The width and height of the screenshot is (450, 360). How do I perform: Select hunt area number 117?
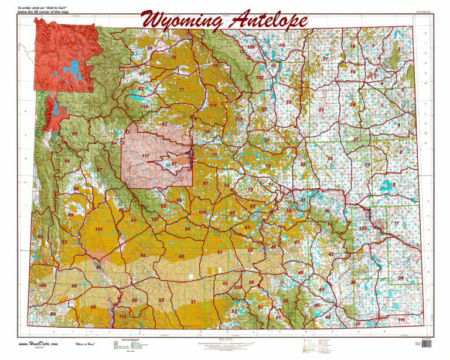pos(145,156)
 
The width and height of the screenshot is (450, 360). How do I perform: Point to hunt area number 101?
pos(98,229)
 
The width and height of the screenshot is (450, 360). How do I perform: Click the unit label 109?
pos(251,47)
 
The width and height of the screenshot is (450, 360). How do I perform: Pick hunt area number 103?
pos(363,228)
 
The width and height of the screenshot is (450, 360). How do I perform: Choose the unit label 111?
pos(401,320)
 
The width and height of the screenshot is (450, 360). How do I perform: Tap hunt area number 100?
pos(42,286)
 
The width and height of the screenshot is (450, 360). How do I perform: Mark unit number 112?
pos(122,317)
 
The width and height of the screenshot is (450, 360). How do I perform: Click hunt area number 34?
pos(401,278)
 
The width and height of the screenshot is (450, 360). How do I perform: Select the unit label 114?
pos(213,106)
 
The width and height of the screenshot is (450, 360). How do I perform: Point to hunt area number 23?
pos(321,110)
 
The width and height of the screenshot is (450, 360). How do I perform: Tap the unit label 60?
pos(182,257)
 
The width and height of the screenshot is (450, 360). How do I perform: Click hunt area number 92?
pos(143,256)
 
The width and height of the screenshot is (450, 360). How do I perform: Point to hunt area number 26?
pos(330,159)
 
